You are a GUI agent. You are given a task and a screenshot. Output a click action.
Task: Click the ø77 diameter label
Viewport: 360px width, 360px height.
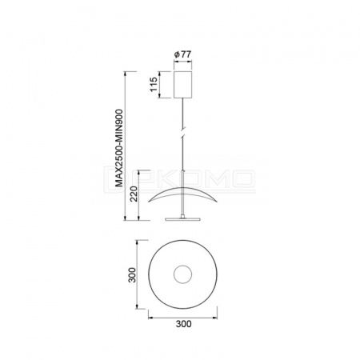click(x=182, y=54)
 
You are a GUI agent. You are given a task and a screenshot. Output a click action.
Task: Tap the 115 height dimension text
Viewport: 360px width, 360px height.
click(x=154, y=84)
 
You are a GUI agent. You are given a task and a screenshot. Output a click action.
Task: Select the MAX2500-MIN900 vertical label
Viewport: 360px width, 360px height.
click(x=119, y=148)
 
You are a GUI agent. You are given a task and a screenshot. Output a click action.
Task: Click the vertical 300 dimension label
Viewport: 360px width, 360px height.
click(x=132, y=275)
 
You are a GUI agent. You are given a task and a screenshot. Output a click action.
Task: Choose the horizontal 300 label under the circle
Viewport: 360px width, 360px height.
click(x=183, y=324)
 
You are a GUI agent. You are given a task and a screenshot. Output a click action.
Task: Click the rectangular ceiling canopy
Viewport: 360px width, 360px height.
click(x=182, y=85)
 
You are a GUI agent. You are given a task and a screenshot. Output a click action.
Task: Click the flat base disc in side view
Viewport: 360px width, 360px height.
click(x=182, y=219)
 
